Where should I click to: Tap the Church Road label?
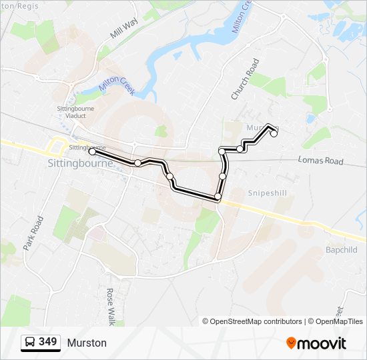pyautogui.click(x=244, y=79)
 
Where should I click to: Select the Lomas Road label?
pyautogui.click(x=320, y=161)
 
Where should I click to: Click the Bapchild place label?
pyautogui.click(x=342, y=250)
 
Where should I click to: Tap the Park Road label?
pyautogui.click(x=33, y=232)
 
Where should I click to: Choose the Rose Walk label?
pyautogui.click(x=111, y=306)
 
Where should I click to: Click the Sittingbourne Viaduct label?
pyautogui.click(x=75, y=112)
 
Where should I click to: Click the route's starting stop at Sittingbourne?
pyautogui.click(x=92, y=152)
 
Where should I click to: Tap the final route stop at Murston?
pyautogui.click(x=274, y=133)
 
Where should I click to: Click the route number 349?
pyautogui.click(x=47, y=342)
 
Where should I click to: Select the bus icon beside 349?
pyautogui.click(x=30, y=343)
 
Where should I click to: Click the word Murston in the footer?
pyautogui.click(x=87, y=343)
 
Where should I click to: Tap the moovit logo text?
pyautogui.click(x=322, y=343)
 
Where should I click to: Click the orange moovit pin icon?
pyautogui.click(x=291, y=343)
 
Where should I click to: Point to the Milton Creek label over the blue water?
pyautogui.click(x=117, y=83)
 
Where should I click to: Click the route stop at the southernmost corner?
pyautogui.click(x=218, y=197)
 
